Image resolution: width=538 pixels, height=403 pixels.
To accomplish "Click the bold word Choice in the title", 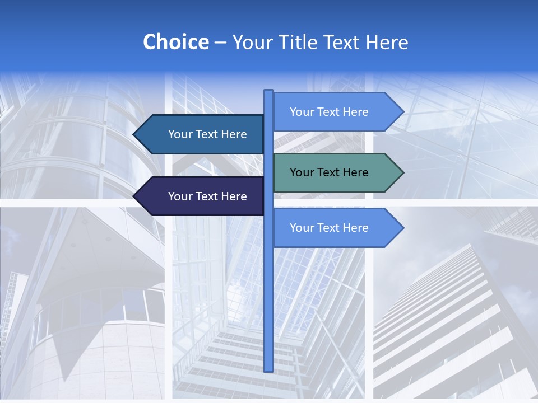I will coord(175,42).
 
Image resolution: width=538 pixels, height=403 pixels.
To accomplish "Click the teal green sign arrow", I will coord(336,172).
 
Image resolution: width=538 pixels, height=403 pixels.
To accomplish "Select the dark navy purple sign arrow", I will coord(202,196).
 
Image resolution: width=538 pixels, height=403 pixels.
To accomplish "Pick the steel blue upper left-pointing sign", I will coord(202,134).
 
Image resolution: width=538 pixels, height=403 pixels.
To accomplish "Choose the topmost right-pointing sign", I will coord(336,112).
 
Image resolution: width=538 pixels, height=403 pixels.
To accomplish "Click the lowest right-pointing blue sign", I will coord(336,228).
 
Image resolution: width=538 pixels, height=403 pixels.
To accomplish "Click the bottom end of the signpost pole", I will coord(268,369).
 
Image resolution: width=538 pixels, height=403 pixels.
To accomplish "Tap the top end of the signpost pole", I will coord(268,91).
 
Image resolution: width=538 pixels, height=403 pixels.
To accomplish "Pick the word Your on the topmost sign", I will coord(302,112).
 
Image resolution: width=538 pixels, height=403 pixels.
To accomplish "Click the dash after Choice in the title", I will coord(220,43).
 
